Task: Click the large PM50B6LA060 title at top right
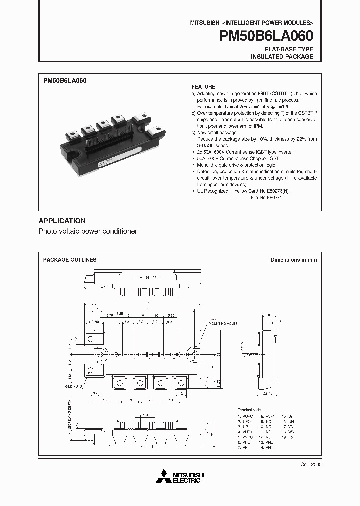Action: [264, 36]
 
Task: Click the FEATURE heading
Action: [203, 87]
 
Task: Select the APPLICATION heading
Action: [62, 221]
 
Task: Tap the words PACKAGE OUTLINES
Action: [70, 260]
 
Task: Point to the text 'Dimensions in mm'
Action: [294, 260]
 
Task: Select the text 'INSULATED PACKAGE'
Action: [282, 57]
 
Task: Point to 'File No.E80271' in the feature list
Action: [268, 197]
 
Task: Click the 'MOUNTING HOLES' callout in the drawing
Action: [225, 324]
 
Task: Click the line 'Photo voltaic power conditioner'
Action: [88, 232]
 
